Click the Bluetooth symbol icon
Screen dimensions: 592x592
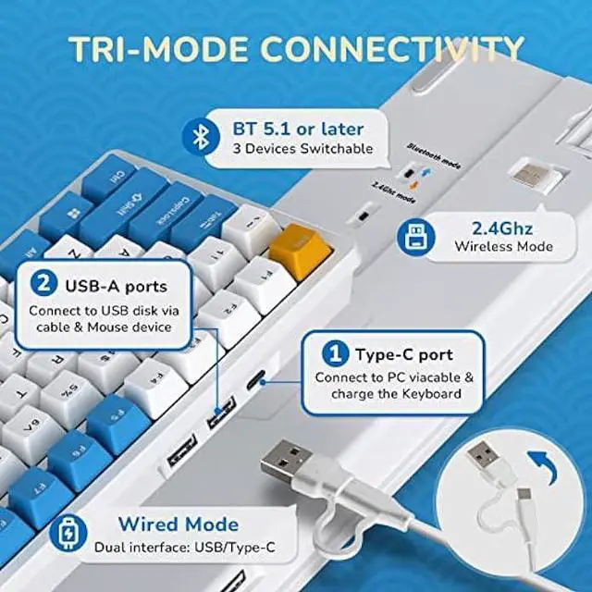pos(196,138)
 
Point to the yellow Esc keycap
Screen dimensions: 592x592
pos(290,243)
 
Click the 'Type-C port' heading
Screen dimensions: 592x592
pos(404,354)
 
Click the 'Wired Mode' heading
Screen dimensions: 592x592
pos(178,524)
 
